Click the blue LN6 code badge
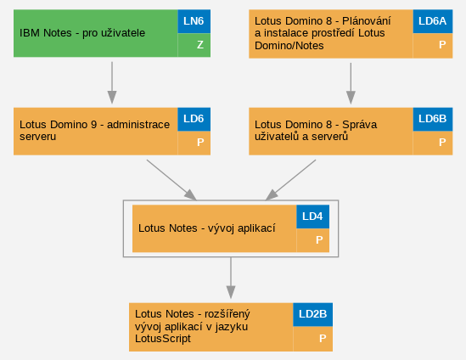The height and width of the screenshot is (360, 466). [x=194, y=21]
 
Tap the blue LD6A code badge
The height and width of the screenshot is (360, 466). [x=433, y=21]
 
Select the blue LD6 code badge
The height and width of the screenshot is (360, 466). [x=194, y=119]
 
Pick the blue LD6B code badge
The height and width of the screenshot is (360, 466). [x=433, y=119]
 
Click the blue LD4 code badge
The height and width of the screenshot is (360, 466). [x=312, y=217]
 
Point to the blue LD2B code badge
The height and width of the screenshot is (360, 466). [x=312, y=314]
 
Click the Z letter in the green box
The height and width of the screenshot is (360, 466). [x=200, y=45]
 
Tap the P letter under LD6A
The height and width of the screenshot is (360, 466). [x=442, y=45]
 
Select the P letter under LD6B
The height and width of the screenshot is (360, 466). [x=442, y=143]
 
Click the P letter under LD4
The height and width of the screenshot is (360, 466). [x=319, y=240]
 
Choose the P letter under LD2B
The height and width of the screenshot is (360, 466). [x=323, y=338]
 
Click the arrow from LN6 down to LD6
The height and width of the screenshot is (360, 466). [x=112, y=82]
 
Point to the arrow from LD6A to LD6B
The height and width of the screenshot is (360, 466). [x=351, y=83]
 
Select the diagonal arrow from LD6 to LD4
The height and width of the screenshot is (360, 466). [x=171, y=180]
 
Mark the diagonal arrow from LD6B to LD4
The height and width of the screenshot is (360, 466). [x=290, y=180]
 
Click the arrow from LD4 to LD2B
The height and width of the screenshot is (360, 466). [x=231, y=278]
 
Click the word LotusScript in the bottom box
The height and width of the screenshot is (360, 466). [x=163, y=339]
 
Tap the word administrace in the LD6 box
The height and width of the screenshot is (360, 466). [x=138, y=125]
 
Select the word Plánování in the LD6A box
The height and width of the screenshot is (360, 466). [x=366, y=21]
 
